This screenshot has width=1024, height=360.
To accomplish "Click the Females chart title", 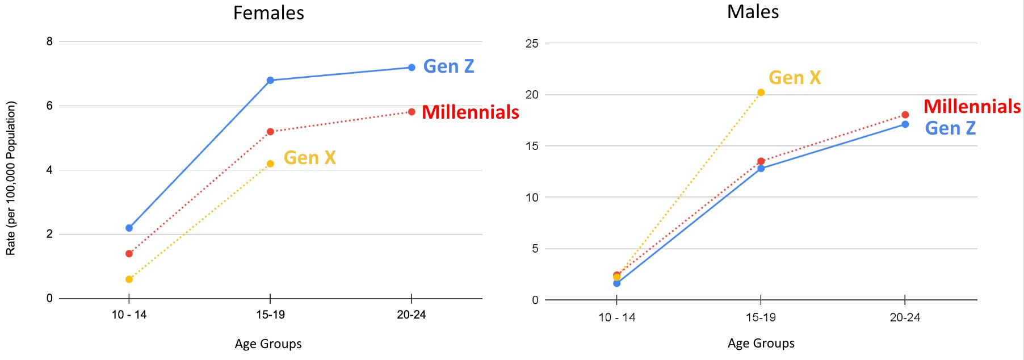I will coord(268,13).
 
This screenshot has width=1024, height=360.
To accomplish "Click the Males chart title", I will coord(753,12).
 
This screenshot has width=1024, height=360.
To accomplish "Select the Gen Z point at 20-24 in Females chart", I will coord(412,68).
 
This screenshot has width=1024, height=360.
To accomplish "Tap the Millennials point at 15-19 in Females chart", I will coord(270,132).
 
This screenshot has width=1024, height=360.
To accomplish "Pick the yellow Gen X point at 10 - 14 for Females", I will coord(129,279).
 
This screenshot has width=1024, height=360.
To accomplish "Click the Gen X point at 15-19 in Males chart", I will coord(761,93).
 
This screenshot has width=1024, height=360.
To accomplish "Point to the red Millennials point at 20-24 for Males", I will coord(905,115).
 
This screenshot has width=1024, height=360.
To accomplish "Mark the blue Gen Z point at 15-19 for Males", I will coord(761,169).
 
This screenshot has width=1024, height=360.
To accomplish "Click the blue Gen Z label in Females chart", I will coord(448,66).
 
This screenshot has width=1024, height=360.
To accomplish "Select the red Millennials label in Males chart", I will coord(972,107).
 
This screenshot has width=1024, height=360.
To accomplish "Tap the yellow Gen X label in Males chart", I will coord(795,78).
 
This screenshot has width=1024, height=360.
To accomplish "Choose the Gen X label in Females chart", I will coord(309,158).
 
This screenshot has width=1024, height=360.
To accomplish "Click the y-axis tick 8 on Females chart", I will coord(50,41).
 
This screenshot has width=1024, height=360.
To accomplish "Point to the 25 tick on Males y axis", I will coord(532,44).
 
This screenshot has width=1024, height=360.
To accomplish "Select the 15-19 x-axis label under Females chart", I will coord(270,315).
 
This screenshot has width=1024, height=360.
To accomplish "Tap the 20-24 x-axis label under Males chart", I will coord(905,317).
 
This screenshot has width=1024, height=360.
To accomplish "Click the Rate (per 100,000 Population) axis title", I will coord(11,178).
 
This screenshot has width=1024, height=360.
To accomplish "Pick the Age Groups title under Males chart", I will coord(761,344).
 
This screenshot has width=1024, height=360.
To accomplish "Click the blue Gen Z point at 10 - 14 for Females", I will coord(129,228).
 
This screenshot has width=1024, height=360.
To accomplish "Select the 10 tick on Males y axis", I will coord(532,198).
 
